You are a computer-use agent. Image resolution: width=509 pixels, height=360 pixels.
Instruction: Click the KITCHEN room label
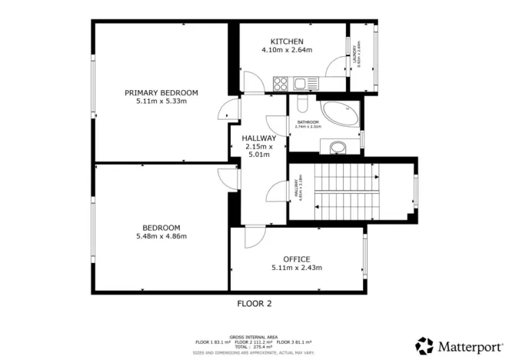(287, 41)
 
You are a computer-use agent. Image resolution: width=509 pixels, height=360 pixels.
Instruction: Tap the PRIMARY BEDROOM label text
(161, 92)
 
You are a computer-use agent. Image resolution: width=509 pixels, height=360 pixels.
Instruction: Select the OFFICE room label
(296, 258)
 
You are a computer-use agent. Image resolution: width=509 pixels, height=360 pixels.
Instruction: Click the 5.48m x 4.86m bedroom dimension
(161, 236)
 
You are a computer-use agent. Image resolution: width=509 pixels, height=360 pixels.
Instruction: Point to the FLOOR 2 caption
(254, 303)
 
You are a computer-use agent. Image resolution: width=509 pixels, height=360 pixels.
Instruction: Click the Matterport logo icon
(424, 345)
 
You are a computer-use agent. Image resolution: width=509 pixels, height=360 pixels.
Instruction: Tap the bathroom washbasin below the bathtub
(336, 147)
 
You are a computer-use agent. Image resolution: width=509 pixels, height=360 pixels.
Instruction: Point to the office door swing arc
(254, 241)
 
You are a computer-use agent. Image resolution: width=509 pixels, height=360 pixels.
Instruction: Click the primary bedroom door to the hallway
(225, 112)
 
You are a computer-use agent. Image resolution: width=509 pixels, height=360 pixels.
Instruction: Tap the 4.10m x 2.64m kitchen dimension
(287, 50)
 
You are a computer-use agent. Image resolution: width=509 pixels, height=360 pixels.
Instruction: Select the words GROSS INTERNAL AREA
(254, 336)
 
